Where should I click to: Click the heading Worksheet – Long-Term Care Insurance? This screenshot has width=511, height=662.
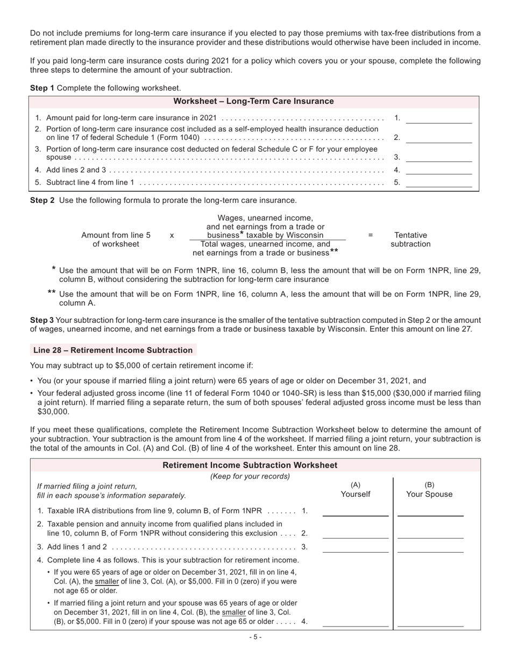pos(253,101)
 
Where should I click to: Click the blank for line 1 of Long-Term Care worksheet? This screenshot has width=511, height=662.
pos(438,118)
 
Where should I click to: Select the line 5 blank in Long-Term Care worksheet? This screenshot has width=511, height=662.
pos(438,182)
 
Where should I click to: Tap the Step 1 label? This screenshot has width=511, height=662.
pos(42,88)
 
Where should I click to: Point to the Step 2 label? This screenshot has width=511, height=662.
pos(42,200)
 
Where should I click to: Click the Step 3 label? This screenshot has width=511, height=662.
pos(42,320)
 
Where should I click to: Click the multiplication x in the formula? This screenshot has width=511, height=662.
pos(172,235)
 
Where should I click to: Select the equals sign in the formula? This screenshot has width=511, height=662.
pos(370,235)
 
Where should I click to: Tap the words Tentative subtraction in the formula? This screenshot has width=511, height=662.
pos(410,240)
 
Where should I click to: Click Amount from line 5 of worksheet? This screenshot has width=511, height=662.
pos(116,240)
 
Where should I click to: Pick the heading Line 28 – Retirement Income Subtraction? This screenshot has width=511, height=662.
pos(113,350)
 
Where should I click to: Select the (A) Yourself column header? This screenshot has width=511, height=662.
pos(355,489)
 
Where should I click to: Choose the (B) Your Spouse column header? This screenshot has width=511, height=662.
pos(429,489)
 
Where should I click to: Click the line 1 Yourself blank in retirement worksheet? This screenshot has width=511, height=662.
pos(355,511)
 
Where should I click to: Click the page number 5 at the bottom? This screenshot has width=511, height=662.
pos(256,637)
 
